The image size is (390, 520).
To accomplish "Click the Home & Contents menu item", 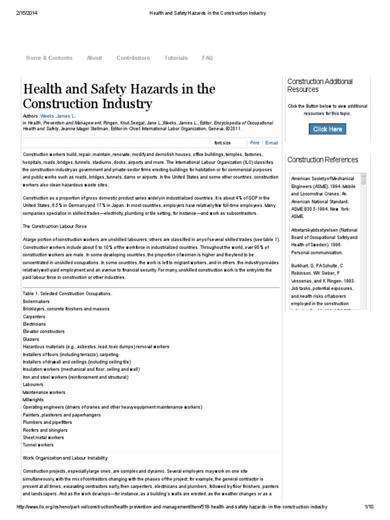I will click(x=49, y=58).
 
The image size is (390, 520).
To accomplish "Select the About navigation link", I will click(x=94, y=58).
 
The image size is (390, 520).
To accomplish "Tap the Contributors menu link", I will click(x=133, y=58).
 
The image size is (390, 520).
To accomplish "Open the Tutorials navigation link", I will click(x=176, y=58).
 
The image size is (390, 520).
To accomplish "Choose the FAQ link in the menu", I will click(x=207, y=58).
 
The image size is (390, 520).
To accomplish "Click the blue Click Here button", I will click(x=328, y=129).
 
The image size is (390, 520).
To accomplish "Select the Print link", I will click(x=254, y=143).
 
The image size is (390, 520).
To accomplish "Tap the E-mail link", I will click(x=271, y=143).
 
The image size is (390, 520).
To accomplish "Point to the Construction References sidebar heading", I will click(x=322, y=160).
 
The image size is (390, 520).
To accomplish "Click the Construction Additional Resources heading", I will click(x=320, y=85).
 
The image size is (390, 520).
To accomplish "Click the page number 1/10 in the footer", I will click(x=369, y=507).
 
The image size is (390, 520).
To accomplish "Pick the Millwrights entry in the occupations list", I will click(x=34, y=400).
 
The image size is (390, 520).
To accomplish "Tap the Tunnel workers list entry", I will click(x=38, y=445).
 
